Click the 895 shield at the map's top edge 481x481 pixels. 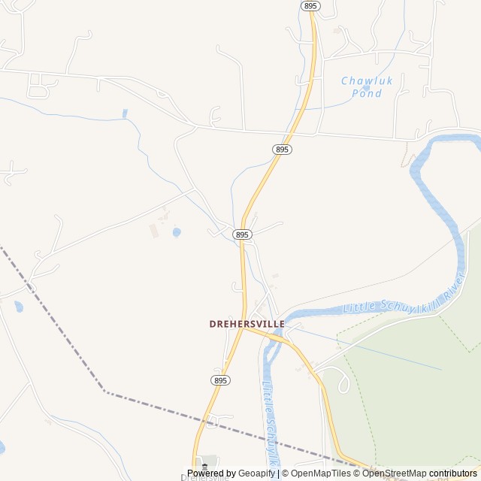(x=310, y=5)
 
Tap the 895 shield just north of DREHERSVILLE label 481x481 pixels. (x=241, y=235)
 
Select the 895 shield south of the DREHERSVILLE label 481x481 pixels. (x=221, y=380)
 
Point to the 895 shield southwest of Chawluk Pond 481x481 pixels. (x=282, y=150)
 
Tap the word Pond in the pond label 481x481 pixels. (x=366, y=93)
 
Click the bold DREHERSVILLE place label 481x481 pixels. (x=247, y=324)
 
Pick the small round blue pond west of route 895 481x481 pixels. (x=177, y=233)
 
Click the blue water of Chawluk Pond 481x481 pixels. (x=366, y=87)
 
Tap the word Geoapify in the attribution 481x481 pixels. (x=256, y=473)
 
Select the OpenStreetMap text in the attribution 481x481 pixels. (x=395, y=473)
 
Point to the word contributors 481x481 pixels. (x=453, y=473)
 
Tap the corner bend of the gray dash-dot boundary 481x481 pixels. (x=104, y=391)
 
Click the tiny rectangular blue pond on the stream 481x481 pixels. (x=125, y=113)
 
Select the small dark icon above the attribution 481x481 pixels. (x=204, y=467)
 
